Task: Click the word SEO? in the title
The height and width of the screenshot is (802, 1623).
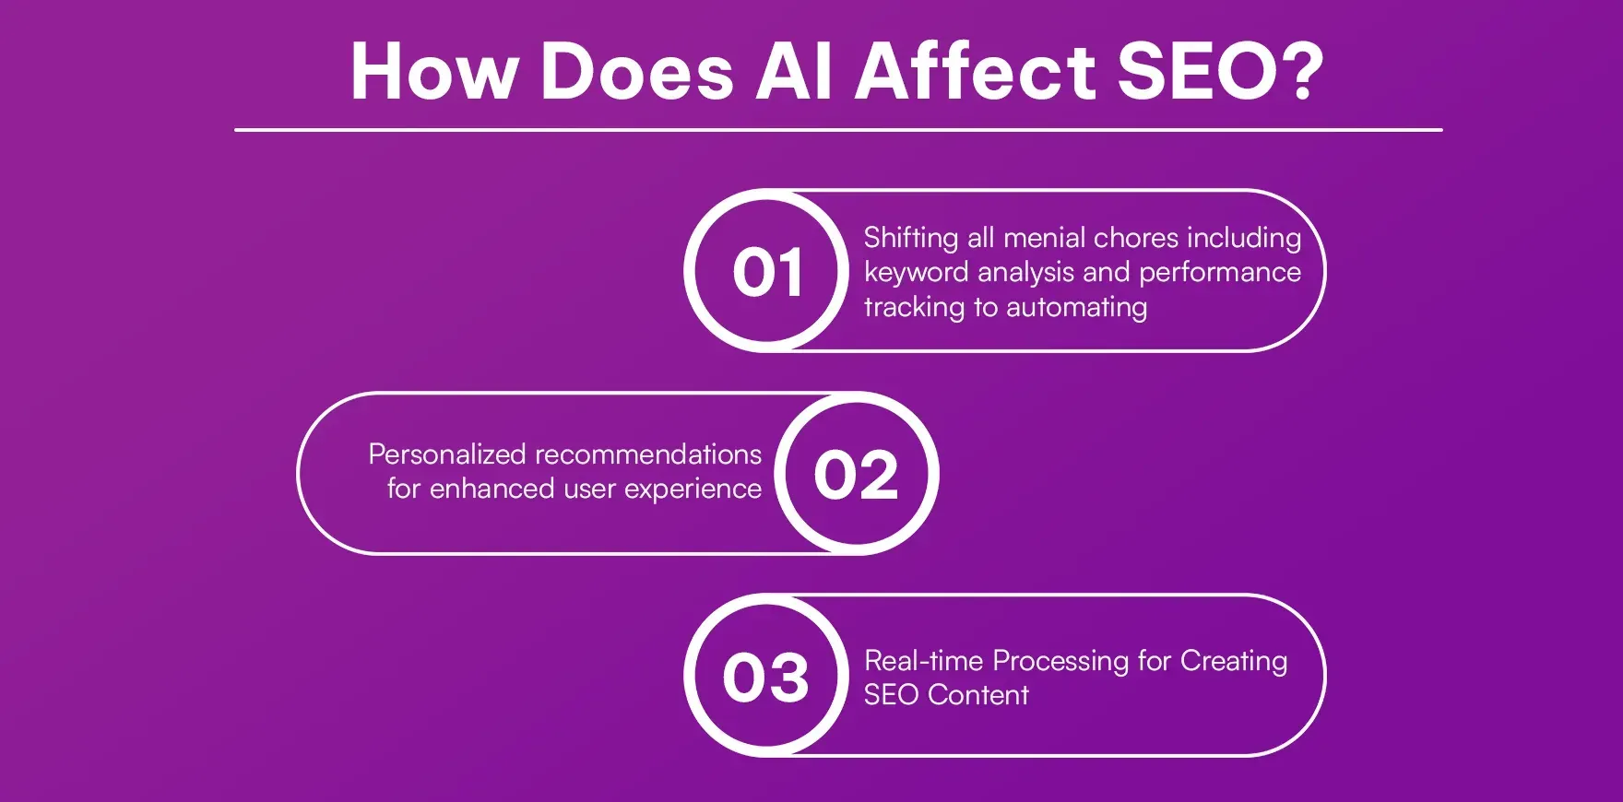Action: [1220, 72]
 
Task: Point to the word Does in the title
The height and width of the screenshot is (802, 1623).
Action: [637, 72]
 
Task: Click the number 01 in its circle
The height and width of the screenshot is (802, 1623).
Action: [767, 273]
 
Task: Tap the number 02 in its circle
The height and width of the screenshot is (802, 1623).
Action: [856, 476]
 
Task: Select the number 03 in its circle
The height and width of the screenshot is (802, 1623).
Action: [765, 678]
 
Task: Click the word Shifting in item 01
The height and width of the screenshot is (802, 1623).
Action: [911, 239]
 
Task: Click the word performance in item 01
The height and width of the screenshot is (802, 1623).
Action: [1219, 273]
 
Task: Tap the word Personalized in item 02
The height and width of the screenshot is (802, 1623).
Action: [447, 454]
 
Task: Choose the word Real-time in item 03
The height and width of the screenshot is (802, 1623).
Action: [924, 661]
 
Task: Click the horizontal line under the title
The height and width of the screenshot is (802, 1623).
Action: [837, 130]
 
